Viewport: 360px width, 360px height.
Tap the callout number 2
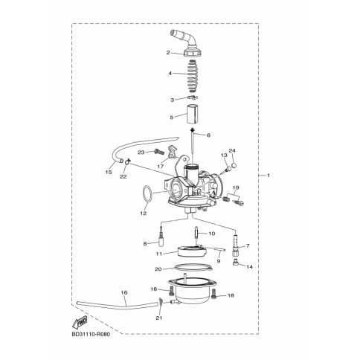(x=168, y=53)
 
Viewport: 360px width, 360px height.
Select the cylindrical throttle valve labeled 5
(x=192, y=114)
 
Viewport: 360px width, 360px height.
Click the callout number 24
(x=232, y=151)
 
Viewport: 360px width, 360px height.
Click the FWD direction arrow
(x=80, y=323)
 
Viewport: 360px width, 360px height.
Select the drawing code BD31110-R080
(x=91, y=335)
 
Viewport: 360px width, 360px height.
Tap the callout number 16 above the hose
(x=124, y=292)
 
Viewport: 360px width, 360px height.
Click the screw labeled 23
(x=159, y=151)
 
